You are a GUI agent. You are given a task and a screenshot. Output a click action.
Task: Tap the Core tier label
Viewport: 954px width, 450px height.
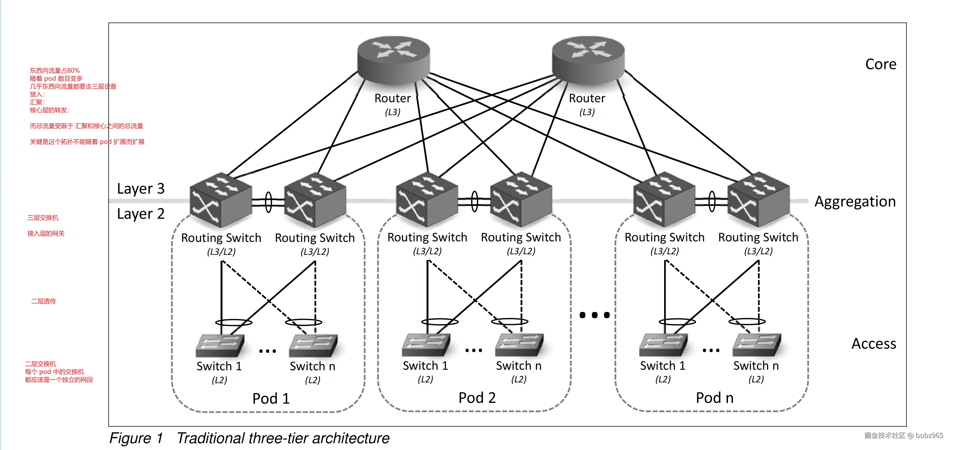[x=881, y=64]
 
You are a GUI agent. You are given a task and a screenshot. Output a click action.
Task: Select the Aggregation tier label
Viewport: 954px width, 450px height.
[x=855, y=202]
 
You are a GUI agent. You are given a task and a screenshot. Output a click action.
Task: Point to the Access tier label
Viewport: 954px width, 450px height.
[x=874, y=344]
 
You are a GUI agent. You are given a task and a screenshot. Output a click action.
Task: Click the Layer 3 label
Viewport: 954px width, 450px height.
[x=141, y=189]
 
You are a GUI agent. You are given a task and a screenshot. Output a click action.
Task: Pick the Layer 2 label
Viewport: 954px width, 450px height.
[x=141, y=214]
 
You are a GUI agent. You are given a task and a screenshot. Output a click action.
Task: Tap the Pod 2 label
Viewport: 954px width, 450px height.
[x=477, y=398]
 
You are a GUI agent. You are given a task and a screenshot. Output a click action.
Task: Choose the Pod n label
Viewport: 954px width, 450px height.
[x=714, y=398]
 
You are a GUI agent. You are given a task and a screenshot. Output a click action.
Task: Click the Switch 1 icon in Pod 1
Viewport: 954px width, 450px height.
[x=220, y=345]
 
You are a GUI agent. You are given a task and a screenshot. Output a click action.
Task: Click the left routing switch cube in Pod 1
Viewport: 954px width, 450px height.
[x=221, y=200]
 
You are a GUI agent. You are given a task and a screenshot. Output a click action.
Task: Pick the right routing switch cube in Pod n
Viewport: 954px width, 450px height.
[x=758, y=199]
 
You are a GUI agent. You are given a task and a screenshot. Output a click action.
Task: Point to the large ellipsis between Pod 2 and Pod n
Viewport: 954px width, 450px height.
[x=594, y=315]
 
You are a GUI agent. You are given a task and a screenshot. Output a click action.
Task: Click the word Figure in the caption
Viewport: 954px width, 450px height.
[x=130, y=438]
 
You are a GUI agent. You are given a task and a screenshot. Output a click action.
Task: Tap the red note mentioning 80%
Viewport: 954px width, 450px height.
[x=55, y=70]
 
